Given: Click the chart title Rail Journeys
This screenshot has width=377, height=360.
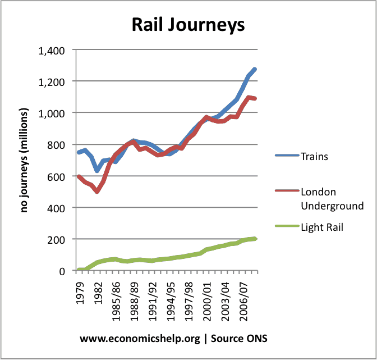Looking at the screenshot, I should pyautogui.click(x=187, y=25).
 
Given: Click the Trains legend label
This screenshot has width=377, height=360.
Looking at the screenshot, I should pyautogui.click(x=315, y=157).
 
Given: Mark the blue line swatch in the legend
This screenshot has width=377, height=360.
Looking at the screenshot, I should pyautogui.click(x=286, y=157).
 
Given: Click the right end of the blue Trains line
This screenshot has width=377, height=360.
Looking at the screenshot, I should pyautogui.click(x=255, y=69).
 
